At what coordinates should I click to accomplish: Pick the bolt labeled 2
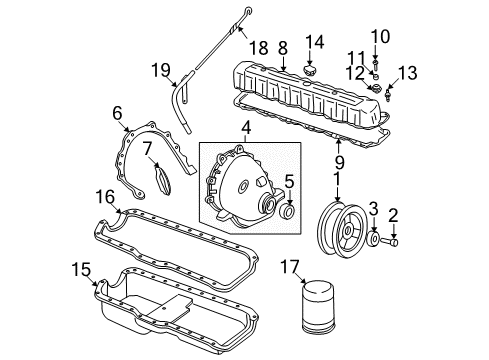click(393, 242)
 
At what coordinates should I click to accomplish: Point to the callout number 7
click(145, 148)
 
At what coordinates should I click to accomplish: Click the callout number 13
click(405, 72)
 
